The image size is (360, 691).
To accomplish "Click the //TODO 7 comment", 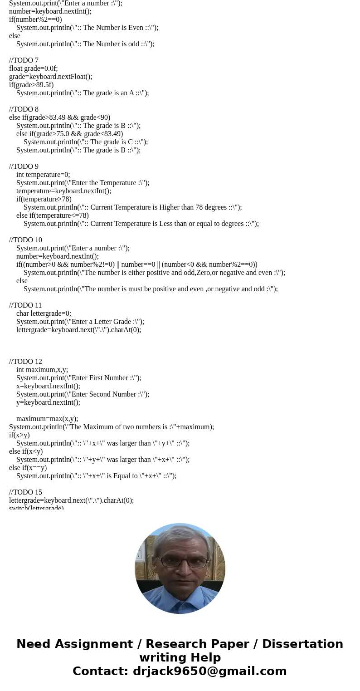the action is [24, 60].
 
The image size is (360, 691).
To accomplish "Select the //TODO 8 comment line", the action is [24, 109].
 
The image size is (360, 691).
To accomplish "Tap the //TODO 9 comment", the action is [24, 167].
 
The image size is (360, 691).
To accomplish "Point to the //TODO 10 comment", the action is [25, 240].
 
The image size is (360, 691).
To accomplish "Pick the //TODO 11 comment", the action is [25, 305].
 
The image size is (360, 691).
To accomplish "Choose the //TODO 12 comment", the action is [25, 362].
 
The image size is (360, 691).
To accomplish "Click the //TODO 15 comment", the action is [25, 492].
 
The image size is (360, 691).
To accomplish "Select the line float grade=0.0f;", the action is [33, 69].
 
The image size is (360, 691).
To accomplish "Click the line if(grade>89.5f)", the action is [31, 85].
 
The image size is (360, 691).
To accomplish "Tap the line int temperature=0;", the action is [43, 175].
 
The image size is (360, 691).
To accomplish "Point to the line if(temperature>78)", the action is [44, 199].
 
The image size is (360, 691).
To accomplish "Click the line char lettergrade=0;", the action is [44, 314].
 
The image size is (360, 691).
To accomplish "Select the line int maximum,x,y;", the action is [42, 370].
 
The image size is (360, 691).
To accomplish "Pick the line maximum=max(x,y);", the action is [47, 419].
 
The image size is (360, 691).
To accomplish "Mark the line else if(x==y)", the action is [28, 468].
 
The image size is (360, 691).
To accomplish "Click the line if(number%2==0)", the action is [35, 20].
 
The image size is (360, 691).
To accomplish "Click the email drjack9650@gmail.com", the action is [209, 671].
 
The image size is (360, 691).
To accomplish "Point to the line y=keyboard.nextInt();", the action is [48, 402].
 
